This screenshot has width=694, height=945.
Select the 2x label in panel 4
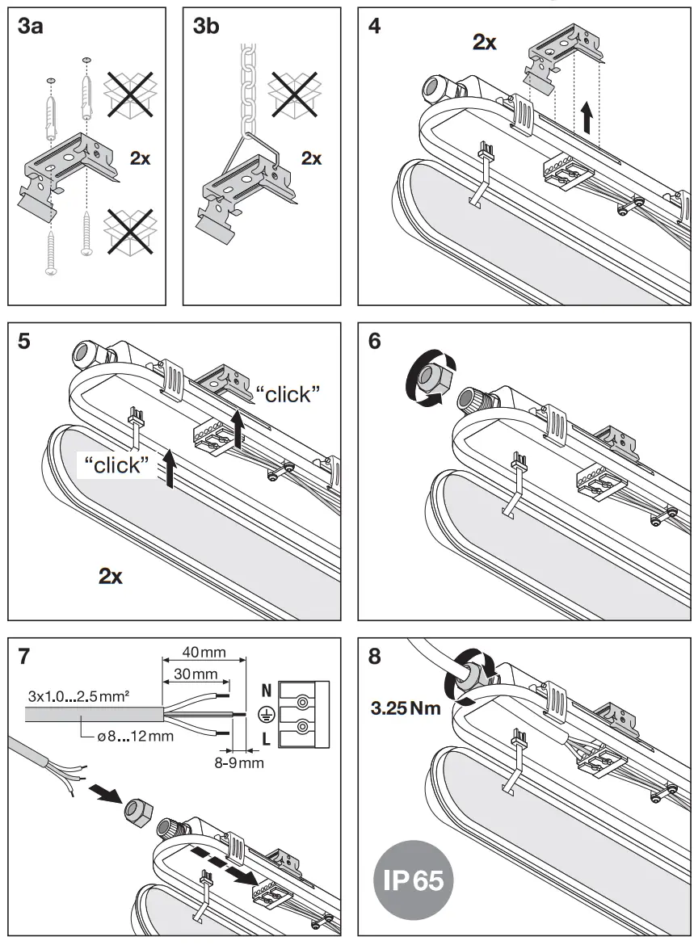pyautogui.click(x=485, y=43)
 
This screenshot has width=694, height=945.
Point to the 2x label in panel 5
pyautogui.click(x=110, y=576)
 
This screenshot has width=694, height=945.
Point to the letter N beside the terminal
pyautogui.click(x=266, y=691)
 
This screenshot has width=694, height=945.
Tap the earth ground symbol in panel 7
pyautogui.click(x=264, y=714)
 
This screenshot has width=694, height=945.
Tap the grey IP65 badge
pyautogui.click(x=414, y=879)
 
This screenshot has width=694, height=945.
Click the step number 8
pyautogui.click(x=375, y=657)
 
